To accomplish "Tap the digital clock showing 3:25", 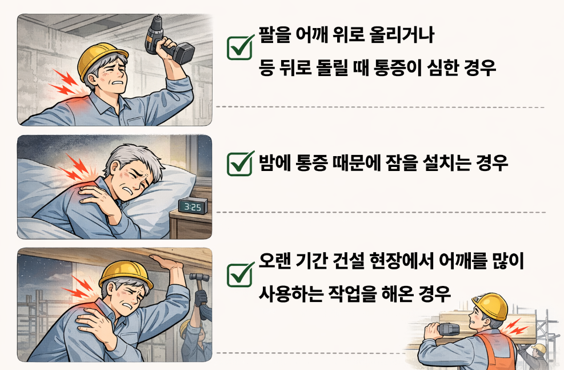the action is tap(193, 206).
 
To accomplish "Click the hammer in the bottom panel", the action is tap(199, 284).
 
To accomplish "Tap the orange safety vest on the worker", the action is tap(495, 351).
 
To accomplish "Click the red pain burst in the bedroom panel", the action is tap(77, 168).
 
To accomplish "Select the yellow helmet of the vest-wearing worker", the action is tap(491, 305).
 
